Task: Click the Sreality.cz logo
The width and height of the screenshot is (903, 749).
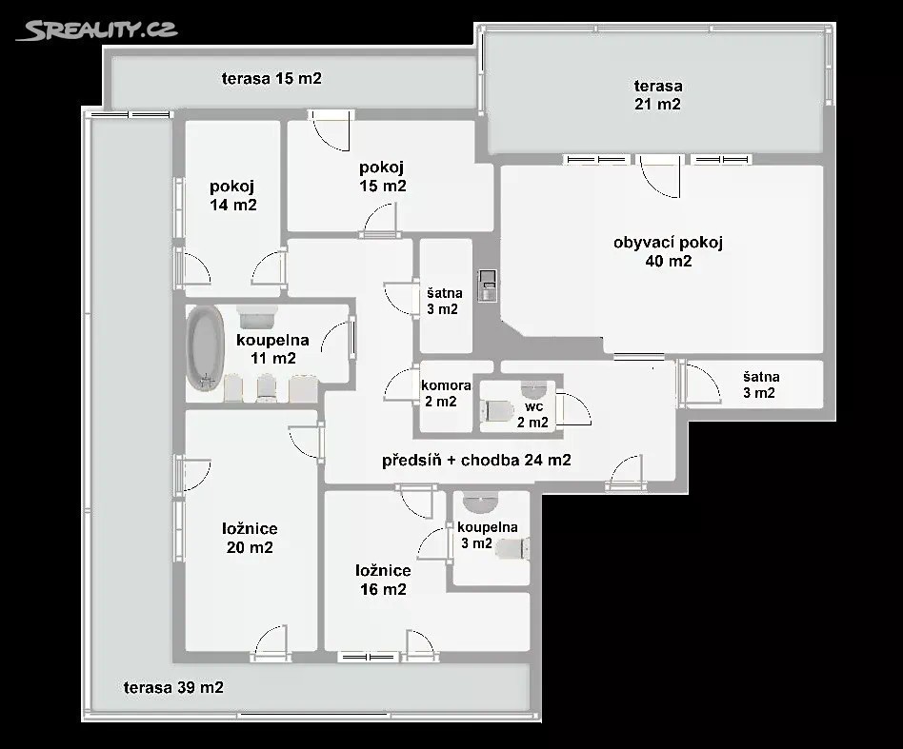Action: tap(97, 30)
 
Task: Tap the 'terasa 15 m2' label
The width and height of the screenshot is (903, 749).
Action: tap(271, 78)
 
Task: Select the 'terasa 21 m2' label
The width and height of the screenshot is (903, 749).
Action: tap(657, 95)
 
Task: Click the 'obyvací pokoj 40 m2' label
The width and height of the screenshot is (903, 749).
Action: tap(668, 251)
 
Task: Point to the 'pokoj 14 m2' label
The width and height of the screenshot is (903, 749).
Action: tap(232, 195)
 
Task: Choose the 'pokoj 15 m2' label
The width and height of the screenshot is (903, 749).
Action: tap(382, 176)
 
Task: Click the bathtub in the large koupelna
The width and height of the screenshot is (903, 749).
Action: tap(205, 348)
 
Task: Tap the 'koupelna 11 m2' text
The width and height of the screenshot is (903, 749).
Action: tap(273, 348)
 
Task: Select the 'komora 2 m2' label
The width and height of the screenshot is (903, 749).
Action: tap(446, 393)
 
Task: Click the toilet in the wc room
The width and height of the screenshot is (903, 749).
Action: tap(496, 410)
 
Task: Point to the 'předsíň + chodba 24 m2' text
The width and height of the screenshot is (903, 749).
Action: tap(476, 460)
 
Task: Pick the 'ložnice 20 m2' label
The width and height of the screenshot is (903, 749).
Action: tap(250, 538)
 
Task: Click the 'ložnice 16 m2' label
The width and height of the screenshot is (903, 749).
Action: tap(383, 580)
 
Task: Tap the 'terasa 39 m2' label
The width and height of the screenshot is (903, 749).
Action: tap(173, 687)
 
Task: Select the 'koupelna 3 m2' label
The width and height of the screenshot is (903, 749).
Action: tap(487, 535)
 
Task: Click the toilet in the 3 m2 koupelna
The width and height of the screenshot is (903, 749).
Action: tap(512, 549)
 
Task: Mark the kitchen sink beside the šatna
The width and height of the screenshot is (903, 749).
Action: tap(487, 286)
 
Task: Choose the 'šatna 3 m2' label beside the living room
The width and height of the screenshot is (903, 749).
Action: tap(759, 384)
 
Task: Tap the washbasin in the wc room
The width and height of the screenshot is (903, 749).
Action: tap(533, 389)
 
